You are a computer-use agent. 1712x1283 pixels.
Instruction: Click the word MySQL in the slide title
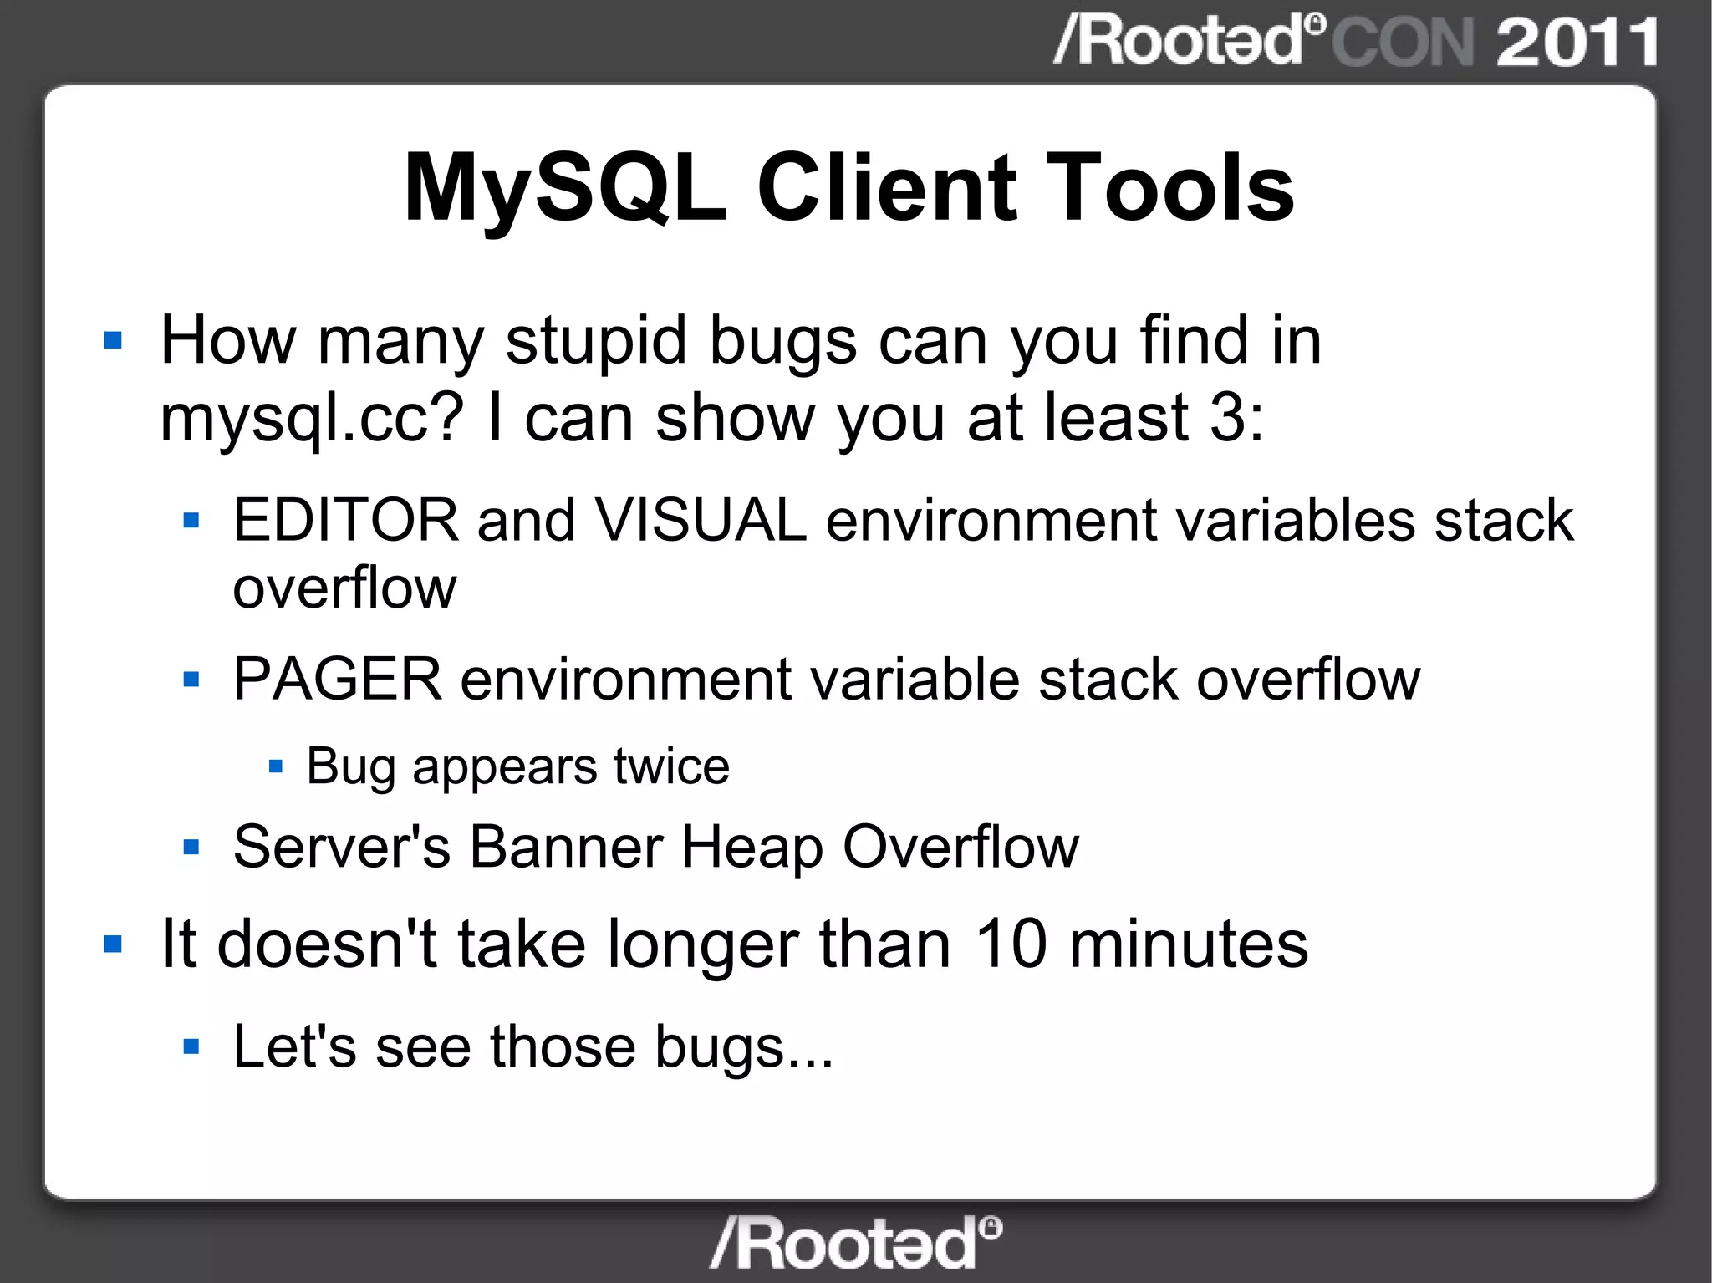tap(564, 188)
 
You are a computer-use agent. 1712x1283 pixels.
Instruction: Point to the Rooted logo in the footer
tap(855, 1243)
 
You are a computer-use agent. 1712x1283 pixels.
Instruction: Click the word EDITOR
tap(345, 520)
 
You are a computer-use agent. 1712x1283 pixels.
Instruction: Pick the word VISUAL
tap(701, 520)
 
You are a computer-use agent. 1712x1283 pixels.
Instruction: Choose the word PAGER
tap(337, 679)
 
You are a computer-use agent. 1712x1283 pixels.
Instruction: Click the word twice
tap(671, 766)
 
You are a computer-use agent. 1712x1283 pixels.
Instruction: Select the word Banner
tap(566, 847)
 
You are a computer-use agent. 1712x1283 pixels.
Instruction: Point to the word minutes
tap(1188, 944)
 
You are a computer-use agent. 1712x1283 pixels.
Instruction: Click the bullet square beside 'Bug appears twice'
tap(276, 766)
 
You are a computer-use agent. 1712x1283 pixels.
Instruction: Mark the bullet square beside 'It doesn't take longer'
tap(113, 944)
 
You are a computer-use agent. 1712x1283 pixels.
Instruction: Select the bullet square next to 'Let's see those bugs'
tap(191, 1046)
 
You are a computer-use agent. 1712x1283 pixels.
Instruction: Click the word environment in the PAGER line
tap(625, 679)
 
